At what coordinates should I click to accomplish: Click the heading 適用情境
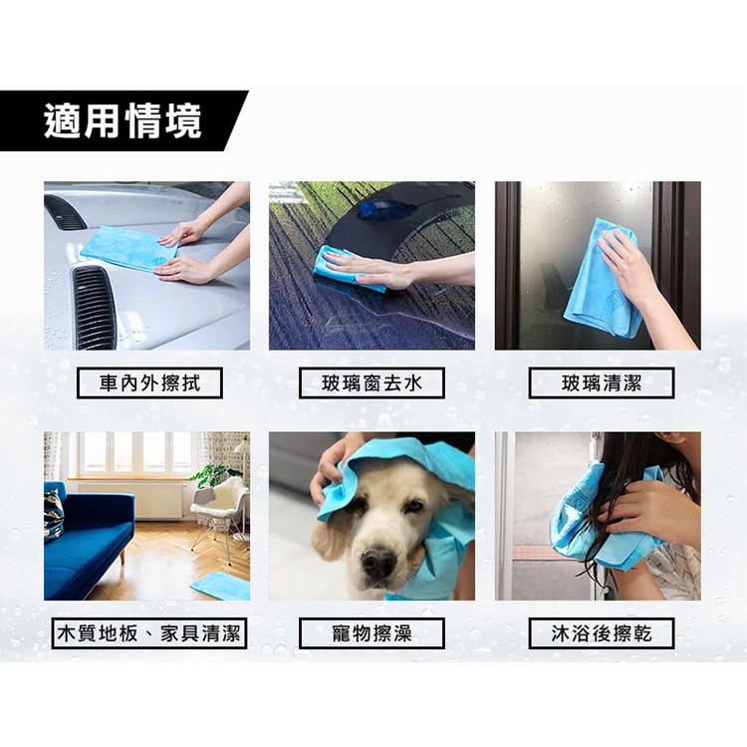tap(123, 122)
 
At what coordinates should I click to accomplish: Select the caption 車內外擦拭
tap(149, 383)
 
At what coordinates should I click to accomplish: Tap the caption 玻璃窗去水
tap(372, 383)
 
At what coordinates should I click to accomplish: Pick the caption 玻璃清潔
tap(602, 383)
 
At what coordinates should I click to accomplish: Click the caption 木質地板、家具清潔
tap(149, 633)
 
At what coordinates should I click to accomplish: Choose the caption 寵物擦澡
tap(372, 633)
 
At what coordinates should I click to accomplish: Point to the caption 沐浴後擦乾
tap(602, 633)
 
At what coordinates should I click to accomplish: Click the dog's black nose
tap(378, 562)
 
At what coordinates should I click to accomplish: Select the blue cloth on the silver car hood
tap(127, 248)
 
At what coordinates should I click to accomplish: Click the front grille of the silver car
tap(94, 307)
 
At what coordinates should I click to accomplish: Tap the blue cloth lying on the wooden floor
tap(221, 586)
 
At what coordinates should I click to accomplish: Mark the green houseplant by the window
tap(212, 475)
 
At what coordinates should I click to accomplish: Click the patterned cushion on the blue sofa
tap(54, 516)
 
